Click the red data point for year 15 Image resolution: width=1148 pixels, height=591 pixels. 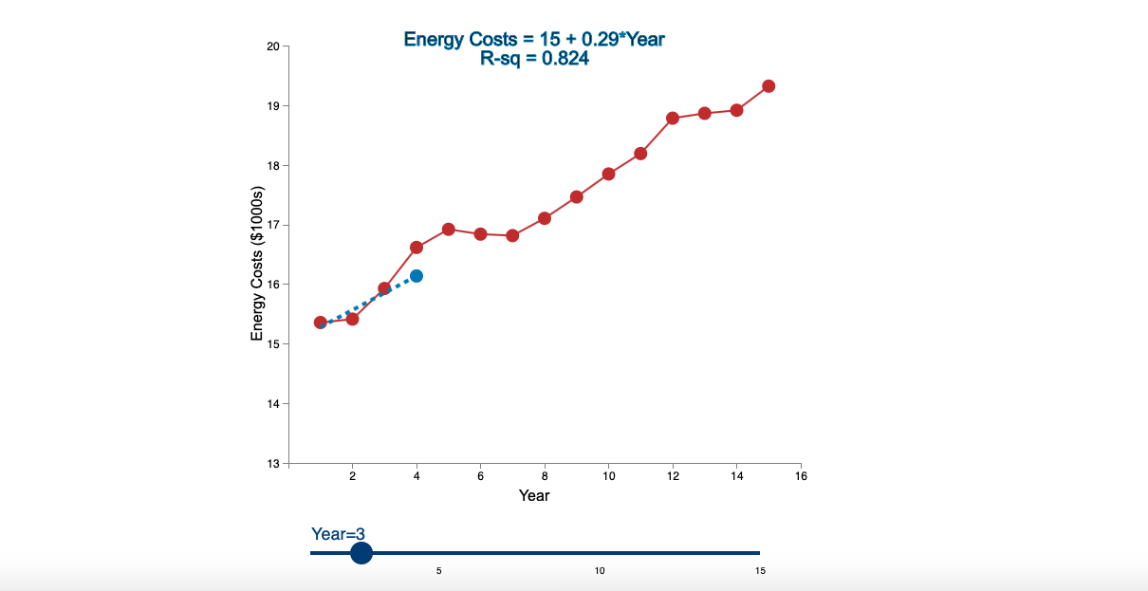point(768,86)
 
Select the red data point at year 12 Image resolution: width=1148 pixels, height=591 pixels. point(673,119)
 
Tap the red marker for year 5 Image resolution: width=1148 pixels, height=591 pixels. point(449,230)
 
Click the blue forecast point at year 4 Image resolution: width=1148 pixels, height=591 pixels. point(417,276)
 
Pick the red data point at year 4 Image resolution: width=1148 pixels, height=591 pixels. point(417,248)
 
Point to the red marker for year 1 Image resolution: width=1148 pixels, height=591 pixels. point(321,323)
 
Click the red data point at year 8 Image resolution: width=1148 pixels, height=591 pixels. point(545,218)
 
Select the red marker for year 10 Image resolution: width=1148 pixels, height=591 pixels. point(608,175)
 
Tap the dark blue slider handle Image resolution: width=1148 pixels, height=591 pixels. point(361,553)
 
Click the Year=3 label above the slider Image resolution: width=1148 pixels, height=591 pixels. point(338,534)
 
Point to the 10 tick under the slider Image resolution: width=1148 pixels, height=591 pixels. point(600,571)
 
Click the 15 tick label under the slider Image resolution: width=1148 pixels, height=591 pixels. point(760,571)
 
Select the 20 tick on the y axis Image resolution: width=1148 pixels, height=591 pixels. point(272,46)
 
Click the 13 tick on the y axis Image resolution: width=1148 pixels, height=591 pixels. point(272,463)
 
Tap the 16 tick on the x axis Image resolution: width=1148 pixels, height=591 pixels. point(801,476)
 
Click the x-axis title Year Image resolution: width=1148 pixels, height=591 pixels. point(534,495)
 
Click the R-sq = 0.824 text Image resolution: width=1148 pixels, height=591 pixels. point(534,59)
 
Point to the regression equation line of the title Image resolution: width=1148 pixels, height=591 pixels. point(534,39)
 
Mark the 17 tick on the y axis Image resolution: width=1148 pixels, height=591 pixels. point(272,225)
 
